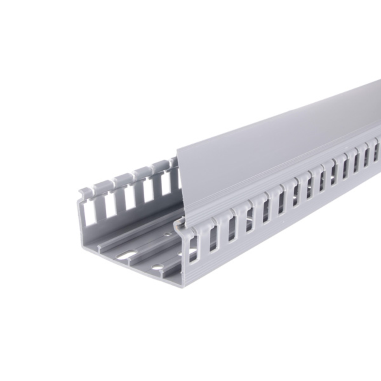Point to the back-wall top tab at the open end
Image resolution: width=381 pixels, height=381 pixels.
coord(86,191)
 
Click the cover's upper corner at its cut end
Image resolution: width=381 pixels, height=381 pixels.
coord(177,149)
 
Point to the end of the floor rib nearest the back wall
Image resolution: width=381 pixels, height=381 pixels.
coord(99,246)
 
